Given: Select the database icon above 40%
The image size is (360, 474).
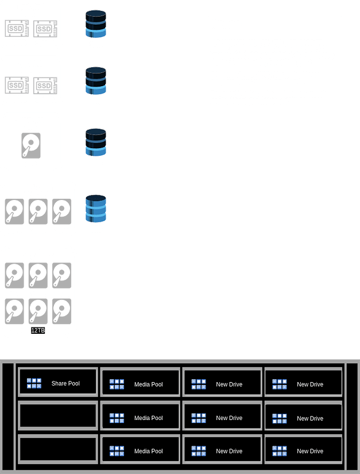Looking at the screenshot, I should (x=96, y=80).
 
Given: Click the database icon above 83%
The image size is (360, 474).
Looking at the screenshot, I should (x=96, y=209).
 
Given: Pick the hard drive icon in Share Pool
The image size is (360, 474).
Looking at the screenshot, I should (x=31, y=145).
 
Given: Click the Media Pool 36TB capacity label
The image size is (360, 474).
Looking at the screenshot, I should (x=38, y=195).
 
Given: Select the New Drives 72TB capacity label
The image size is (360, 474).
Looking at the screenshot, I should (x=38, y=259).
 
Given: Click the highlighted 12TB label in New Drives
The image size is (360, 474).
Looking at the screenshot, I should (x=38, y=330).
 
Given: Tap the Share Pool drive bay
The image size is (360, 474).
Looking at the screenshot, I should (x=57, y=383).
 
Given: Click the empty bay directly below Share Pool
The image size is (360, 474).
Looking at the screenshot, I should (x=57, y=415).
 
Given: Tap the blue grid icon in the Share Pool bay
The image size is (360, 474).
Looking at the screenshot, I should (x=34, y=383).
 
